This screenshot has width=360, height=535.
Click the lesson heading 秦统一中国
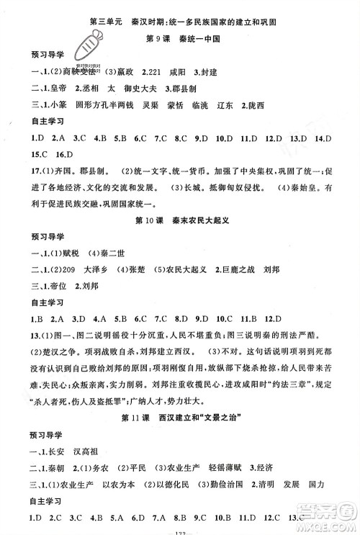click(x=197, y=37)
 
